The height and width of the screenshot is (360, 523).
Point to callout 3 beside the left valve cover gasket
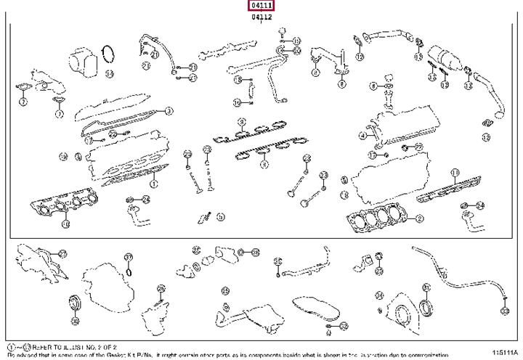pyautogui.click(x=168, y=111)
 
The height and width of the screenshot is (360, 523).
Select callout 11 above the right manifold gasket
pyautogui.click(x=455, y=172)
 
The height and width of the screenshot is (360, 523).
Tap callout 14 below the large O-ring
pyautogui.click(x=108, y=73)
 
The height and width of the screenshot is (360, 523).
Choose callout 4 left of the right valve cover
pyautogui.click(x=363, y=136)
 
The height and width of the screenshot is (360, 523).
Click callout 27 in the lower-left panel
pyautogui.click(x=63, y=254)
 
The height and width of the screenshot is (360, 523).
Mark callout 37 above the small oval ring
pyautogui.click(x=129, y=257)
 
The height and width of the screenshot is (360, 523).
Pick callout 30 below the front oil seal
pyautogui.click(x=73, y=315)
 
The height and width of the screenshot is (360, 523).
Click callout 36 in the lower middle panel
pyautogui.click(x=254, y=253)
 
